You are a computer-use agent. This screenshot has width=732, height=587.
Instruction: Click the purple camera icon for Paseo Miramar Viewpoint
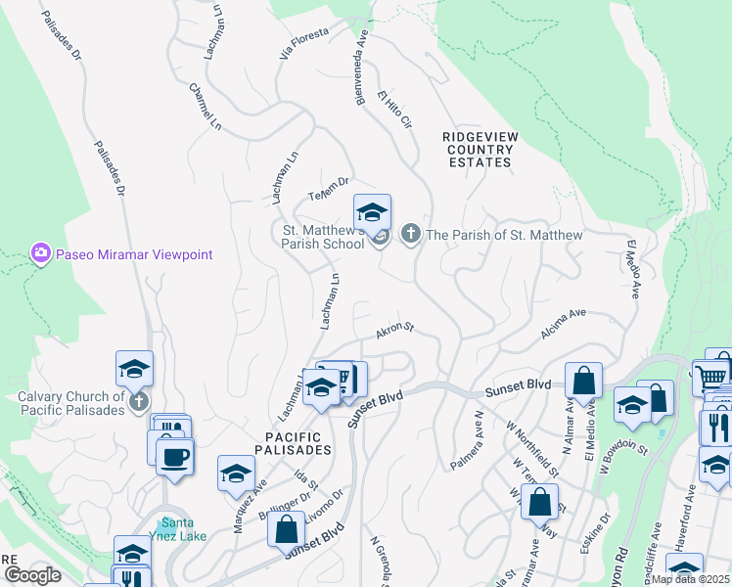point(40,254)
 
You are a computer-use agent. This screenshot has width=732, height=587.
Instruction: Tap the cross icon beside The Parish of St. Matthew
point(410,235)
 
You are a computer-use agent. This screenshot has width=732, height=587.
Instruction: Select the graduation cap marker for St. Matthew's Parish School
point(372,212)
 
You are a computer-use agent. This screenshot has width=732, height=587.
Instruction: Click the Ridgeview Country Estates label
point(477,150)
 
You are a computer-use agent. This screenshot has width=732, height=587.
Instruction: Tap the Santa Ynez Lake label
point(183,528)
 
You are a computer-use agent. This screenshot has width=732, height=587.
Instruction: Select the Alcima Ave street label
point(562,326)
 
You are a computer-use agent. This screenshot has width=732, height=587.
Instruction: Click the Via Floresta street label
point(299,44)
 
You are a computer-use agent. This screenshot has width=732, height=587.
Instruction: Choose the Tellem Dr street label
point(329,186)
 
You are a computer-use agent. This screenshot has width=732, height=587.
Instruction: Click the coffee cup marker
point(175,457)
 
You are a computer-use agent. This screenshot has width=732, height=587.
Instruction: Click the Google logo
point(32,575)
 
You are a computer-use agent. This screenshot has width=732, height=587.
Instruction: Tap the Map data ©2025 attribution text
point(689,579)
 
